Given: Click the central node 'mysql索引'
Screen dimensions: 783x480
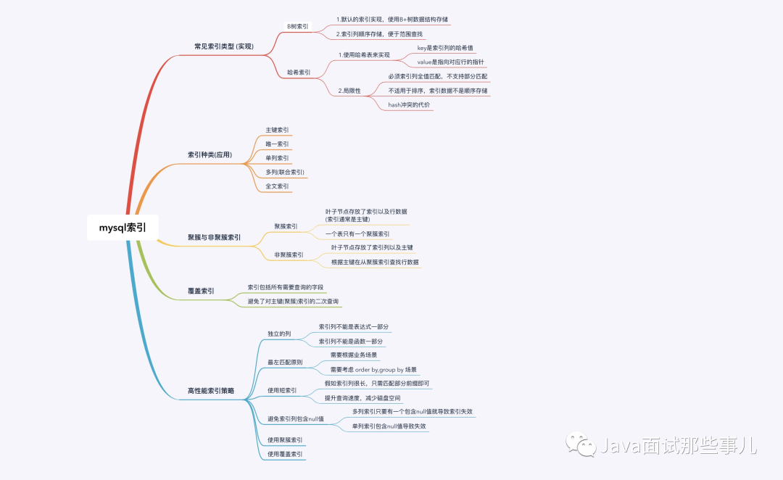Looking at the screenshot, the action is point(123,227).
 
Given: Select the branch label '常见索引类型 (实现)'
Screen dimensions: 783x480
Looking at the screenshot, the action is point(224,46).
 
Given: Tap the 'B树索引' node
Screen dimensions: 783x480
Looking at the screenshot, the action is point(297,26).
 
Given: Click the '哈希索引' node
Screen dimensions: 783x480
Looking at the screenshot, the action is point(299,73).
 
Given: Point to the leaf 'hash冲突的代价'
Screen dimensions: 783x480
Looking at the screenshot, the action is point(409,105).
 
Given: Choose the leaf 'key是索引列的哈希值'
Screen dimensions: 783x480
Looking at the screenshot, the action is point(445,47).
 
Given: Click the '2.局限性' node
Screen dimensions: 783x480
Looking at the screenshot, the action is point(349,91).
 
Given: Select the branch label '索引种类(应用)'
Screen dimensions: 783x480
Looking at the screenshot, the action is point(210,155).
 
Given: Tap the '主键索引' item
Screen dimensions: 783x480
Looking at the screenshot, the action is point(277,130).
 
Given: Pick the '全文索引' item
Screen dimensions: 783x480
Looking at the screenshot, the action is point(277,186).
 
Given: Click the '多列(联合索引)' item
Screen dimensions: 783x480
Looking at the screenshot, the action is point(285,172).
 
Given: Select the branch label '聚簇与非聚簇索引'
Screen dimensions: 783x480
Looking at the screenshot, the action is point(215,237).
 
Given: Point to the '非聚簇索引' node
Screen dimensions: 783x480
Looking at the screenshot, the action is point(289,255).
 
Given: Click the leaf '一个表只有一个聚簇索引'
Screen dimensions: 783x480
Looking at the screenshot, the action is point(357,234).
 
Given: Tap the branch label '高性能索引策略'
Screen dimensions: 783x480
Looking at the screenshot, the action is point(211,391).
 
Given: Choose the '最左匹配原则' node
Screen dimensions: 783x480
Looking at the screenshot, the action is point(285,362).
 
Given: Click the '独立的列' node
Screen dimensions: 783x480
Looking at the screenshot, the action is point(279,334).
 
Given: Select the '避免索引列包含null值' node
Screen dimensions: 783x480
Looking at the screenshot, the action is point(295,419).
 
